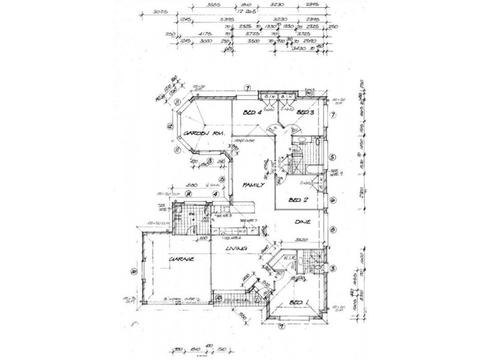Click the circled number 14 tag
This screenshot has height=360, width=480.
[x=188, y=194]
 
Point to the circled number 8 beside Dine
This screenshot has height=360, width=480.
[x=332, y=230]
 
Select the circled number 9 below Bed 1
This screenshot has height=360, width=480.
[x=282, y=326]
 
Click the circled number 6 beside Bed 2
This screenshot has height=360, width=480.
[x=332, y=201]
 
